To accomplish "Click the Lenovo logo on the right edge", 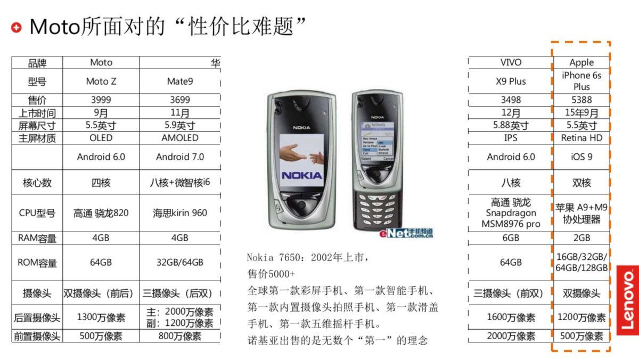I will coord(628,300).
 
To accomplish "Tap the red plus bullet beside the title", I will coord(17,27).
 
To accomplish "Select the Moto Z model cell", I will coord(101,81).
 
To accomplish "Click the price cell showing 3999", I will coord(101,100).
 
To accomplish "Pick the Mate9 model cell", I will coord(180,81).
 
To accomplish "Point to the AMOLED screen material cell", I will coord(180,138).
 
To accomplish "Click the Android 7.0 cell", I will coord(180,157).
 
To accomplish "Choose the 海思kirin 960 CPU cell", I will coord(180,213).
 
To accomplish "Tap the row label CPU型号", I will coord(37,213).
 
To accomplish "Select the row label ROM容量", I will coord(37,263).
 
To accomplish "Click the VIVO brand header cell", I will coord(511,62).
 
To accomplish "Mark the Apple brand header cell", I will coord(581,62).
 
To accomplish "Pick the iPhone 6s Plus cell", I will coord(581,81).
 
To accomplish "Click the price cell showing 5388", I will coord(581,100).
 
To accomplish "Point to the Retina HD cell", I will coord(581,138).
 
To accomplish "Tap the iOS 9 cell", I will coord(581,157).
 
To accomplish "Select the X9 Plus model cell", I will coord(511,81).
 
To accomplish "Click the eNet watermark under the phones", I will coord(406,234).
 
